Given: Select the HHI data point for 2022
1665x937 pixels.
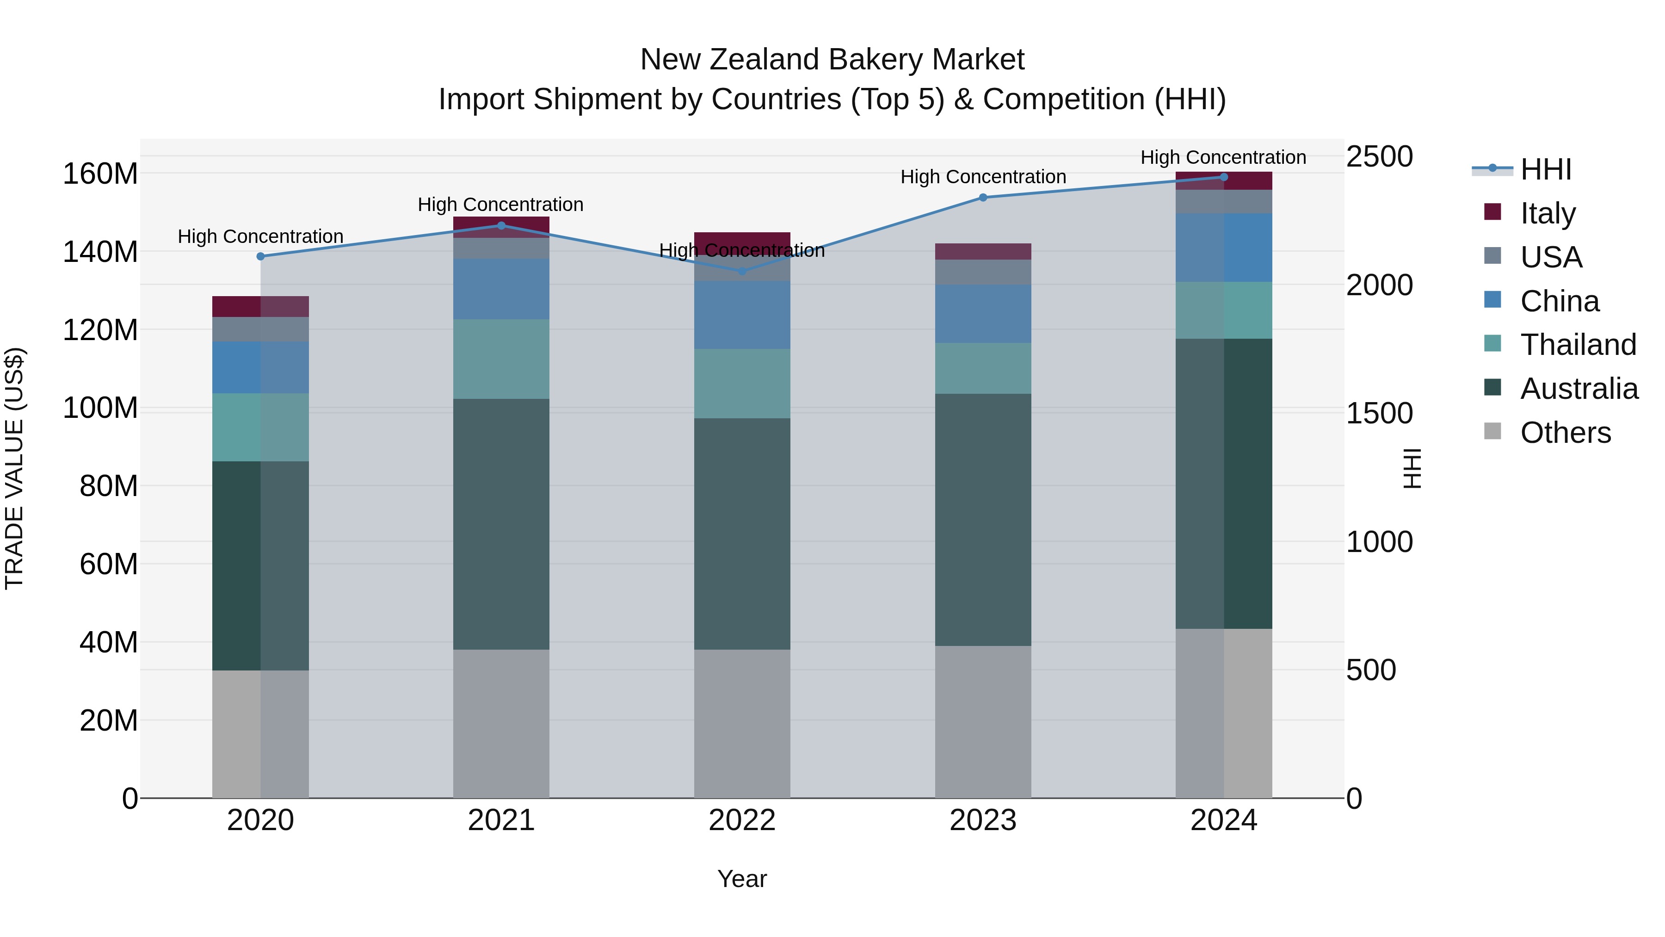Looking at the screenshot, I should [742, 272].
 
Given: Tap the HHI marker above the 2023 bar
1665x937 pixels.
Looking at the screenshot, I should [983, 197].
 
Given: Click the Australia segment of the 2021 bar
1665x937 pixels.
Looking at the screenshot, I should [501, 524].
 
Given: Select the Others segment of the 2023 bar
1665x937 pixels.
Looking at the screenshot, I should [983, 721].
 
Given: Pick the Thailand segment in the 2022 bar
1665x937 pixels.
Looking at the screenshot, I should [742, 384].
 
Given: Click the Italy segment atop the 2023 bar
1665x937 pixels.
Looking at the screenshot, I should [983, 252].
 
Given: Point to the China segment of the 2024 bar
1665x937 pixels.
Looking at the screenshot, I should [1223, 248].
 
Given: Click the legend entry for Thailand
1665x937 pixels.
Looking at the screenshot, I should [1578, 345].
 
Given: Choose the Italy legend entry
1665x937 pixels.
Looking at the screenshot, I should [1548, 213].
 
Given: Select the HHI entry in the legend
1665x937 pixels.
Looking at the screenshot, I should [1545, 169].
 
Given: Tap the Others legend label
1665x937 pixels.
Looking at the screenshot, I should [1565, 433].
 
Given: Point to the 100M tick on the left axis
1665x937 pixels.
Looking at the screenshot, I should [100, 408].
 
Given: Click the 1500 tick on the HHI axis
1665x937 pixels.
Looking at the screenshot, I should [1379, 413].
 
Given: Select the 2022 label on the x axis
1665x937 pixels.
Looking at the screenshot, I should [742, 820].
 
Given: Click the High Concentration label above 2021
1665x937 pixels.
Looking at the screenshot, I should [500, 205].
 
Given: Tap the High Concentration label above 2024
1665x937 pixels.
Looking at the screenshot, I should [1223, 157].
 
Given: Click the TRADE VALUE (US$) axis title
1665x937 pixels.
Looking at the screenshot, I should [14, 468].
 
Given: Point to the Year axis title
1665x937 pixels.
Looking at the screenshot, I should [742, 879].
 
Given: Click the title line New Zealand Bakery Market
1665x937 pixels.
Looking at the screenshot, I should [832, 60].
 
